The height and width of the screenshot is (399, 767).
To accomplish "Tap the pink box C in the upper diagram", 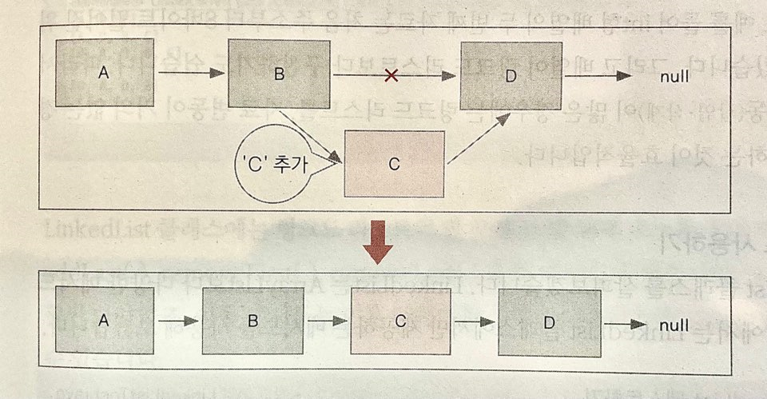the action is (x=394, y=164).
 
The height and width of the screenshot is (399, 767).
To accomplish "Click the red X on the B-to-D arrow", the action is (x=391, y=76).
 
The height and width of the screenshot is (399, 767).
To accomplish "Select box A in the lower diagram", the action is (x=102, y=321).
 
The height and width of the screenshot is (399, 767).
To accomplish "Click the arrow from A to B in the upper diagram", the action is (x=192, y=74).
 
